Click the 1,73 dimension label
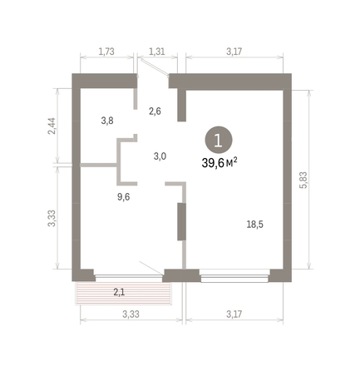tap(106, 52)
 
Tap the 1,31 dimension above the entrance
tap(155, 52)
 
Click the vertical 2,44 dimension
tap(52, 126)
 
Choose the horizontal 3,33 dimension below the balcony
tap(130, 314)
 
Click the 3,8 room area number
tap(107, 120)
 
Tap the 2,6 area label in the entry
tap(155, 110)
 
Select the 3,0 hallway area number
tap(160, 156)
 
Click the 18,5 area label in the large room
tap(256, 224)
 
